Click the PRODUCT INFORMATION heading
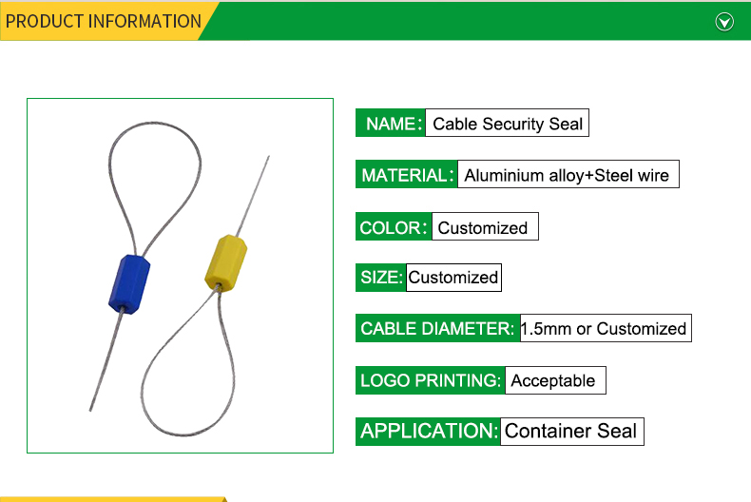[x=103, y=22]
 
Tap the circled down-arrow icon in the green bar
[x=724, y=22]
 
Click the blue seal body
[x=129, y=284]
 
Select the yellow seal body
[x=226, y=263]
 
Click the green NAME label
[x=391, y=123]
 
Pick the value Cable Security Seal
[x=508, y=124]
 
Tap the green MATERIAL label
[x=407, y=175]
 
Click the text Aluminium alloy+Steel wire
[x=567, y=175]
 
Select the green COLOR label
[x=394, y=227]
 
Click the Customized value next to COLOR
[x=483, y=228]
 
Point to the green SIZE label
[x=381, y=278]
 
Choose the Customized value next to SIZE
[x=453, y=278]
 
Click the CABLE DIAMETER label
[x=437, y=329]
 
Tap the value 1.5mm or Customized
[x=604, y=329]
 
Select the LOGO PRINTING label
[x=430, y=380]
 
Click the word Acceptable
[x=553, y=381]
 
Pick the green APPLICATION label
[x=428, y=432]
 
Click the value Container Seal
[x=571, y=431]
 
